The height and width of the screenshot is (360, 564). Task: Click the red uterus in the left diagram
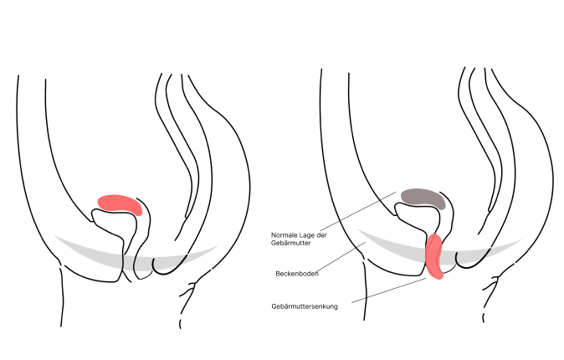coord(120,203)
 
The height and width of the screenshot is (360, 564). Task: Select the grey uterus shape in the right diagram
coord(423,198)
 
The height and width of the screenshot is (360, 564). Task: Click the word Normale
coord(283,234)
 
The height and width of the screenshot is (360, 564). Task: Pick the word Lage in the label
coord(306,234)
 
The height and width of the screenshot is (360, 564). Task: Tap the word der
coord(321,234)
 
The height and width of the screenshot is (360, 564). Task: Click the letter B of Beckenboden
coord(277,274)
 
